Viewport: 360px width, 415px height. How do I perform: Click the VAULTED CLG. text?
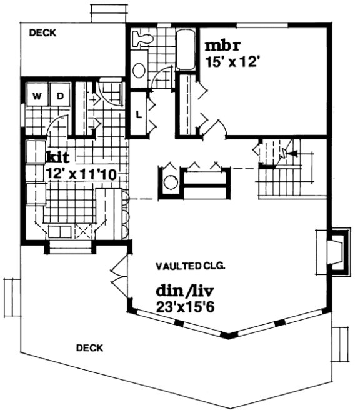(191, 266)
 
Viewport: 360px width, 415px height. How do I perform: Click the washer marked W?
(37, 96)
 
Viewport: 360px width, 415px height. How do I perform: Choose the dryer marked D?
(60, 96)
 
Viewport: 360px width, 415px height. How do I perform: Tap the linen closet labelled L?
(138, 114)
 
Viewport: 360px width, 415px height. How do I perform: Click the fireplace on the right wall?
(334, 251)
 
